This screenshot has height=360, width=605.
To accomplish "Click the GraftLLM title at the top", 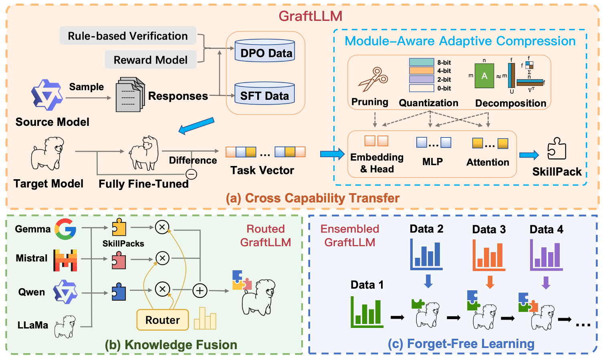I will pyautogui.click(x=311, y=16).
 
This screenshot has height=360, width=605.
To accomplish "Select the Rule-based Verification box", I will pyautogui.click(x=128, y=36).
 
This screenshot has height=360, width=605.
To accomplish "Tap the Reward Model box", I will pyautogui.click(x=150, y=60).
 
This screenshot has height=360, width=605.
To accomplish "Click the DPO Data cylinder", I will pyautogui.click(x=265, y=51).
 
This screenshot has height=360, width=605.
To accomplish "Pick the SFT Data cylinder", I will pyautogui.click(x=265, y=94).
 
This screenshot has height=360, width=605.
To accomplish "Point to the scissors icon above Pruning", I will pyautogui.click(x=373, y=79).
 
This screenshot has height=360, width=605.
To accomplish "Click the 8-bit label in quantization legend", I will pyautogui.click(x=444, y=63).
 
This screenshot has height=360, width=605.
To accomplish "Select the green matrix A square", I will pyautogui.click(x=484, y=76).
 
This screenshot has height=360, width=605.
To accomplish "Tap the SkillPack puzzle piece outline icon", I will pyautogui.click(x=557, y=149).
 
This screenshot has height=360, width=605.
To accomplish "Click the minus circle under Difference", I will pyautogui.click(x=191, y=174).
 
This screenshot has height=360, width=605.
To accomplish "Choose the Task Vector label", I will pyautogui.click(x=262, y=170).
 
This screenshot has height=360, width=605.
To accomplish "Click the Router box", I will pyautogui.click(x=162, y=320).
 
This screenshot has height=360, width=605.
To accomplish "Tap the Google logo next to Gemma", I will pyautogui.click(x=65, y=229).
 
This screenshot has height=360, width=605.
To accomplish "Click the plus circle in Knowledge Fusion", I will pyautogui.click(x=200, y=290).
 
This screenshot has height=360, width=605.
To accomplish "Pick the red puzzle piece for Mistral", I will pyautogui.click(x=119, y=261).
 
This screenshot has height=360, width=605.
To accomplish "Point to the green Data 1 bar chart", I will pyautogui.click(x=367, y=312).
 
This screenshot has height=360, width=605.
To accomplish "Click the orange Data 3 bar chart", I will pyautogui.click(x=489, y=255).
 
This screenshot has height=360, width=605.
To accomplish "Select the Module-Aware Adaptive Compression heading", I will pyautogui.click(x=460, y=41).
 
